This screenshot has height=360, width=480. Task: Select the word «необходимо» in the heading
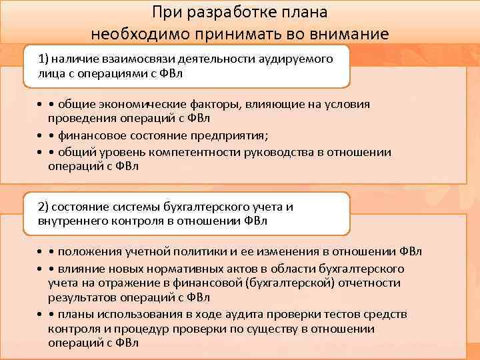pyautogui.click(x=134, y=33)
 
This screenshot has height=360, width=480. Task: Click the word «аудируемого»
pyautogui.click(x=297, y=59)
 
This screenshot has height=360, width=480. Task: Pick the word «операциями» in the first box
pyautogui.click(x=109, y=73)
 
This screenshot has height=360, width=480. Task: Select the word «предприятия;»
pyautogui.click(x=234, y=135)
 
